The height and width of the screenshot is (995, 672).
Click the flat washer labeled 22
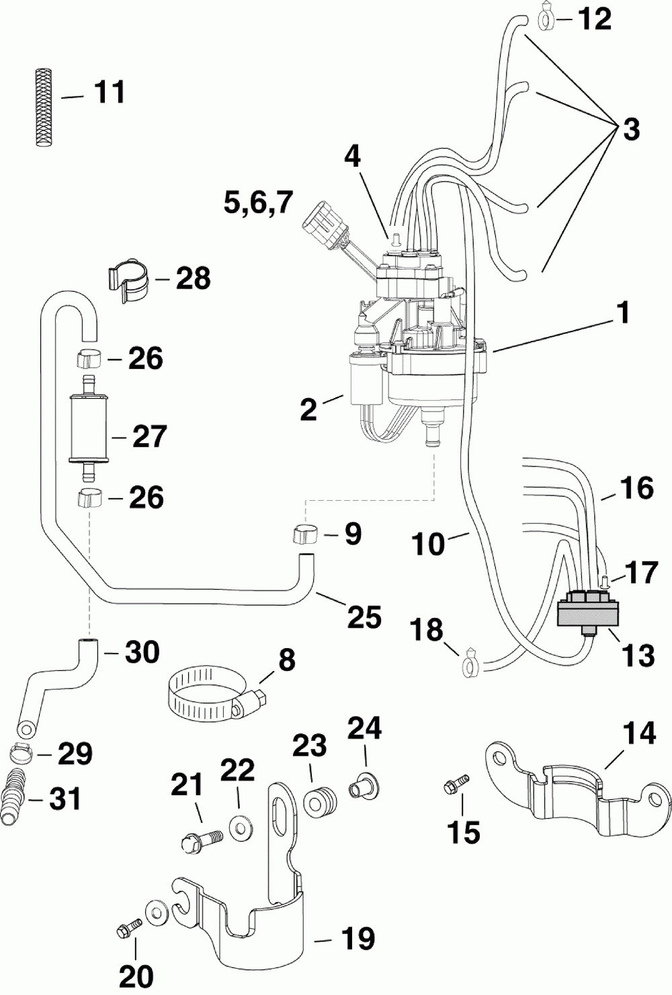240,828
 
